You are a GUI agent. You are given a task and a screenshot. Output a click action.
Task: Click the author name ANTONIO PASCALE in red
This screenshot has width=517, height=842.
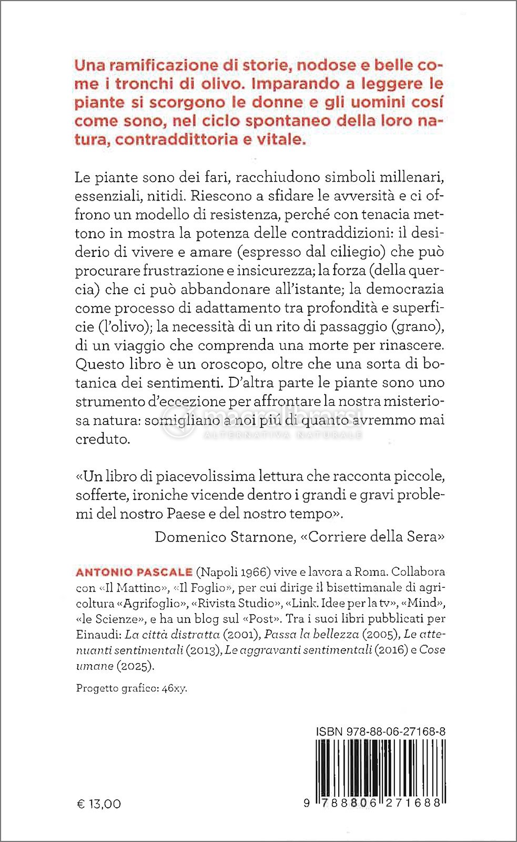[134, 572]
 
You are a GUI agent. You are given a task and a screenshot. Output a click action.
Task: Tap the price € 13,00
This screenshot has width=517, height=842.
[99, 804]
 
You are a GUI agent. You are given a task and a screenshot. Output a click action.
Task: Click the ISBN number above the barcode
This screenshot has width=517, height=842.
[381, 731]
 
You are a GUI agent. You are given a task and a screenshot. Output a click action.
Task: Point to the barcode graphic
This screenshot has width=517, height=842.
[381, 768]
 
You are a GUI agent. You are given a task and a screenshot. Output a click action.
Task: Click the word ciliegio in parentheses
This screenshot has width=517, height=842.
[353, 252]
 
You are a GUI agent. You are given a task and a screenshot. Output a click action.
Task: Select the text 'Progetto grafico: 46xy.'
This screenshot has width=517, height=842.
[131, 688]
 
